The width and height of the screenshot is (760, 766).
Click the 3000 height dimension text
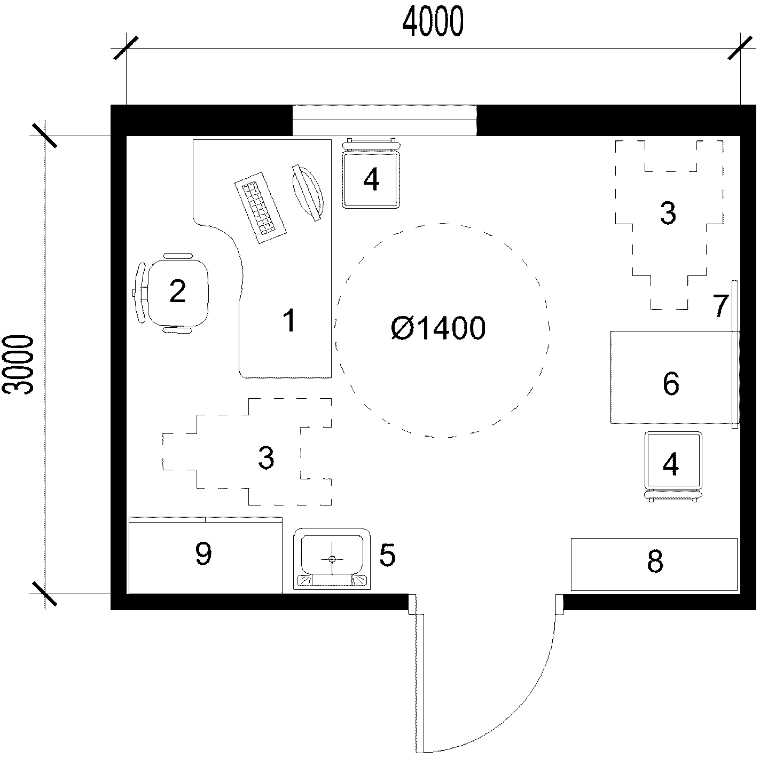tap(18, 365)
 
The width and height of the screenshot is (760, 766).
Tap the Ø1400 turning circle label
tap(438, 328)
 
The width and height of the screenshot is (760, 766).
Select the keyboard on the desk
tap(261, 208)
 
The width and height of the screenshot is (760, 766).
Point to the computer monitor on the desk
tap(308, 192)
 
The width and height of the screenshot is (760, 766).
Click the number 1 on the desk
tap(289, 320)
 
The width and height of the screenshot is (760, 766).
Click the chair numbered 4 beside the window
tap(371, 173)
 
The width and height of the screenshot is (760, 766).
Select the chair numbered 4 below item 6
tap(673, 467)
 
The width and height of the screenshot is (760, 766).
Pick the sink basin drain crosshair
tap(332, 559)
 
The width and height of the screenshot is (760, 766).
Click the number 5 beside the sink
tap(387, 555)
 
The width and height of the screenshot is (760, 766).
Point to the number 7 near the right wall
tap(720, 306)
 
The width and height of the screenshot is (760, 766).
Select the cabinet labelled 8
tap(654, 564)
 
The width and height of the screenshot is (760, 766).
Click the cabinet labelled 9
tap(205, 555)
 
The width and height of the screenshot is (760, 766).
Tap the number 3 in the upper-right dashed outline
tap(668, 213)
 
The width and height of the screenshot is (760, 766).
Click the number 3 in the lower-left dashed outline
tap(266, 457)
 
